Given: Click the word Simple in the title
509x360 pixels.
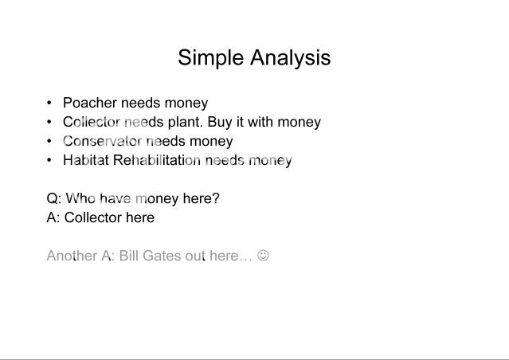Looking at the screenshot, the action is tap(210, 59).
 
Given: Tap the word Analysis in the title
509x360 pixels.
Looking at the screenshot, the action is tap(291, 58).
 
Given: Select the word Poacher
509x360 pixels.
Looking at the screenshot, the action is tap(90, 103).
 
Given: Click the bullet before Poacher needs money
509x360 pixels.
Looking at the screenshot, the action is tap(49, 103).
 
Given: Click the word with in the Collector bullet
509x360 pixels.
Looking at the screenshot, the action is tap(261, 122).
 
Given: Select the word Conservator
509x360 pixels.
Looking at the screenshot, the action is tap(102, 141).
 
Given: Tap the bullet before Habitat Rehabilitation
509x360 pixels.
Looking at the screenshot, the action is tap(49, 160).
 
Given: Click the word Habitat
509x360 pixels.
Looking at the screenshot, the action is tap(86, 160).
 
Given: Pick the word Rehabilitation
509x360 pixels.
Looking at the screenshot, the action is tap(157, 160).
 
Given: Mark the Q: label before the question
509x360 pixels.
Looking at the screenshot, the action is tap(54, 198).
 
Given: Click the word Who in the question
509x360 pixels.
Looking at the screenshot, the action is tap(80, 198).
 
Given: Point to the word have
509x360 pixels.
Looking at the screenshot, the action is tap(116, 198).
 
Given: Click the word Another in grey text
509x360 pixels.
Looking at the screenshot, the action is tap(72, 256).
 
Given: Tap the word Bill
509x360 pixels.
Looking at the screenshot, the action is tap(129, 256).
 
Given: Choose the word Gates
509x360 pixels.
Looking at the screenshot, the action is tap(162, 256).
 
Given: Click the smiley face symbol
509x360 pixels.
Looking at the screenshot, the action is tap(263, 255).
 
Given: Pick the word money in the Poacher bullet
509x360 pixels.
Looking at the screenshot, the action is tap(186, 104).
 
